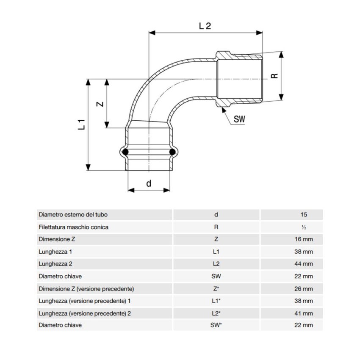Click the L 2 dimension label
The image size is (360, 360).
tap(205, 26)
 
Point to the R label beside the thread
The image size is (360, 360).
tap(274, 76)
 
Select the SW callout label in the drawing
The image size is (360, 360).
tap(239, 119)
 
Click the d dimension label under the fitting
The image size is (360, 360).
tap(149, 183)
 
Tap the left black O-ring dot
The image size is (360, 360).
tap(125, 151)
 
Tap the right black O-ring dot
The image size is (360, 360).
tap(172, 151)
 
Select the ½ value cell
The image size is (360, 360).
tap(305, 227)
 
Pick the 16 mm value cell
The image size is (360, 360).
tap(304, 239)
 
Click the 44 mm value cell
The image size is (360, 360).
tap(304, 264)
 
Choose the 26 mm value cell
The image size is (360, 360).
tap(304, 288)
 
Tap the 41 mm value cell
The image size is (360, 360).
tap(304, 313)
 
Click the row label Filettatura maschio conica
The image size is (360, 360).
tap(73, 227)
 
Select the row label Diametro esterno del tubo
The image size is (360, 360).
tap(76, 215)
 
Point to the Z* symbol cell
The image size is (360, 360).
tap(216, 288)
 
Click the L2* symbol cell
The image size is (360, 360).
tap(216, 313)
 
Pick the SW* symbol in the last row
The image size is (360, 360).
tap(216, 325)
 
